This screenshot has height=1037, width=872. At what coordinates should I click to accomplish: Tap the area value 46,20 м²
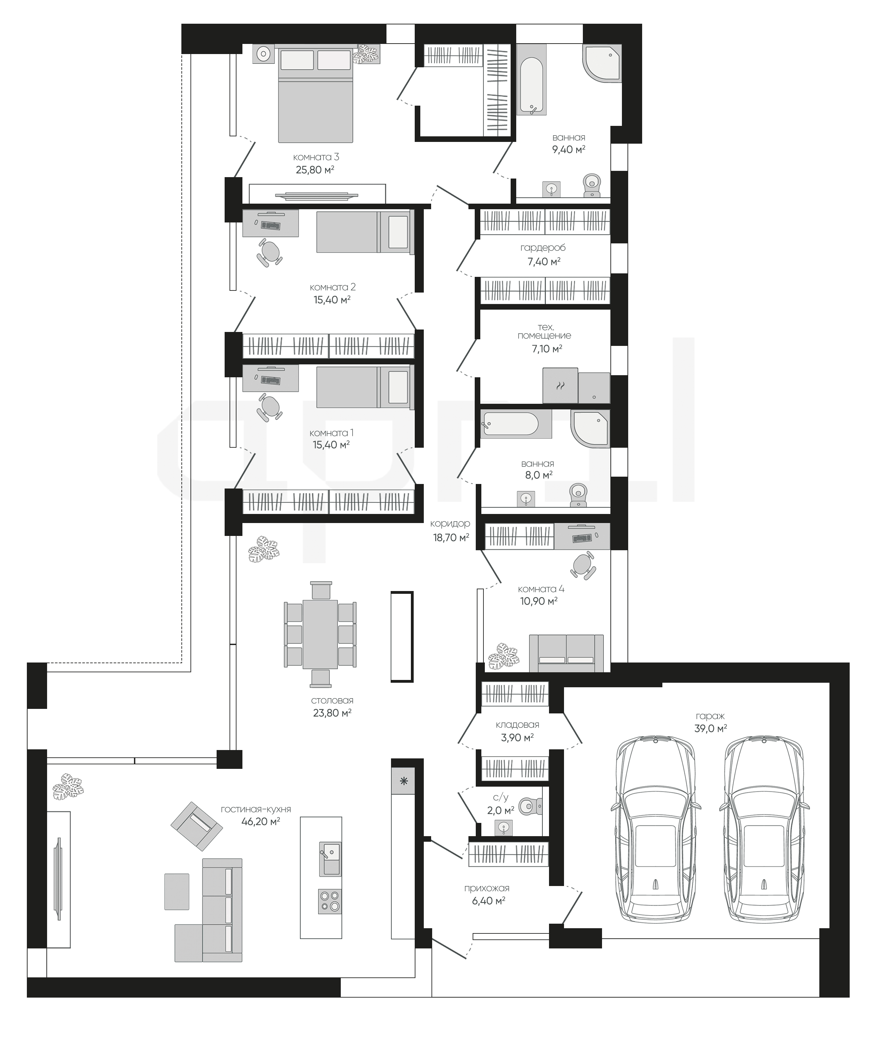click(261, 822)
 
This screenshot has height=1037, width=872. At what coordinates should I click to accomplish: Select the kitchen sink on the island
click(330, 859)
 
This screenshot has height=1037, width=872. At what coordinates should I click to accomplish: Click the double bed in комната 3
click(315, 95)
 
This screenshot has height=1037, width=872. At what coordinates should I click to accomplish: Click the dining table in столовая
click(320, 634)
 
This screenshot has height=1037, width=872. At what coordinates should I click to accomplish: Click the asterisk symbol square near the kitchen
click(403, 781)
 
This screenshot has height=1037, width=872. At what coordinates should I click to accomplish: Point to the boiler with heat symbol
click(560, 385)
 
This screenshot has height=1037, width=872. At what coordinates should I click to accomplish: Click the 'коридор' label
click(450, 523)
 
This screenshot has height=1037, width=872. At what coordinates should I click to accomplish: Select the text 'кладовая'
click(517, 725)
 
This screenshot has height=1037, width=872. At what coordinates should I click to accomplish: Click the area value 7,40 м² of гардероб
click(544, 262)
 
